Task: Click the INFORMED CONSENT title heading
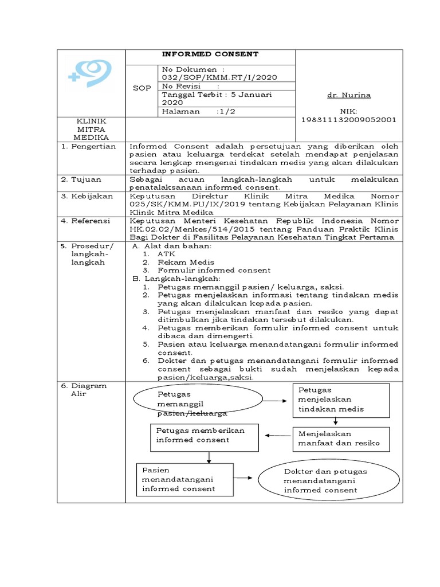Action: [x=210, y=54]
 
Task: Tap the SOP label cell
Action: [x=142, y=88]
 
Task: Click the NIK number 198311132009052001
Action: [x=348, y=120]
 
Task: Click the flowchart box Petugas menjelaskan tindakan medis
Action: [x=341, y=400]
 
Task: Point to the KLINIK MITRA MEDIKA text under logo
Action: [x=92, y=130]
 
